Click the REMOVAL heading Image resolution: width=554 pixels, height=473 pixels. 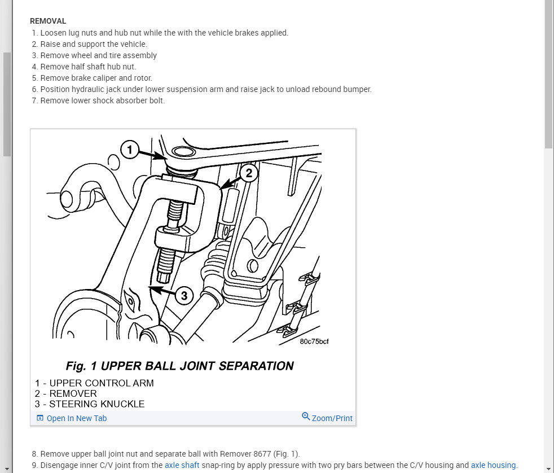(x=48, y=21)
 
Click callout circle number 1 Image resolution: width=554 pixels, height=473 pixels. (x=130, y=150)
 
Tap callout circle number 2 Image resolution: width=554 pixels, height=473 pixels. (x=249, y=173)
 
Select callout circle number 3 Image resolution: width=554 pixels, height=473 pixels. (x=184, y=294)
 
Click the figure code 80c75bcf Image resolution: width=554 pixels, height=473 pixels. (x=314, y=341)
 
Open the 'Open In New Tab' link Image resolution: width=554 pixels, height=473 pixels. (x=76, y=418)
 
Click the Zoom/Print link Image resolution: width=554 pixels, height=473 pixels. (x=332, y=418)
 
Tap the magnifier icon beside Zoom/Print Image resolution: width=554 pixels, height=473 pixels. (x=306, y=417)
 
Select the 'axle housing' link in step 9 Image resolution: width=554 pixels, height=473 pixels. (x=493, y=465)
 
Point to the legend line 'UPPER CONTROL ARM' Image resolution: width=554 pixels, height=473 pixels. (x=102, y=383)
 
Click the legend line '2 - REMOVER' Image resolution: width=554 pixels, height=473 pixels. (x=66, y=393)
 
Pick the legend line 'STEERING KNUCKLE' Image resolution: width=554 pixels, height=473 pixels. (x=97, y=404)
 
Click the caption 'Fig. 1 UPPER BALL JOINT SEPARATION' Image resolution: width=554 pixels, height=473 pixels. (x=179, y=366)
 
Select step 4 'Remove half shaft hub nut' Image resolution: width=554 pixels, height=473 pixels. (x=88, y=67)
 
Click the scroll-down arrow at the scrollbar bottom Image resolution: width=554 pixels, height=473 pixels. (x=549, y=468)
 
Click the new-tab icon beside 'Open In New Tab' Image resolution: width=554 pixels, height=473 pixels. (x=39, y=418)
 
